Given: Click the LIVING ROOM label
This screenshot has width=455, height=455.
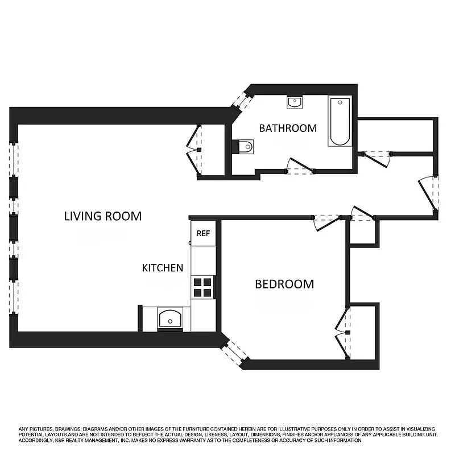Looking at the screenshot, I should [102, 216].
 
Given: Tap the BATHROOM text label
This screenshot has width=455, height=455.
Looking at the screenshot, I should [288, 128].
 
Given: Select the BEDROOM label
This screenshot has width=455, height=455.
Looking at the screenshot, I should [284, 284].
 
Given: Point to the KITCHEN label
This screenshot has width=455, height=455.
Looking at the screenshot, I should [162, 267].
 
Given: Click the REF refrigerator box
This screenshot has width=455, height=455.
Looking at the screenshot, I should [203, 233].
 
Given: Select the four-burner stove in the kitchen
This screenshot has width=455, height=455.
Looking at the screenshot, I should [203, 287].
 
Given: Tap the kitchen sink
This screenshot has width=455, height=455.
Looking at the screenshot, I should [171, 319].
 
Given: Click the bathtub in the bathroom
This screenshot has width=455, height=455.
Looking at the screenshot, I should [340, 121].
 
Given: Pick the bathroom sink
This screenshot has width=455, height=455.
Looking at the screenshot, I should [295, 103].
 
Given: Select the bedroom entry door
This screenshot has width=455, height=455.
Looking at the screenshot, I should [328, 221].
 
